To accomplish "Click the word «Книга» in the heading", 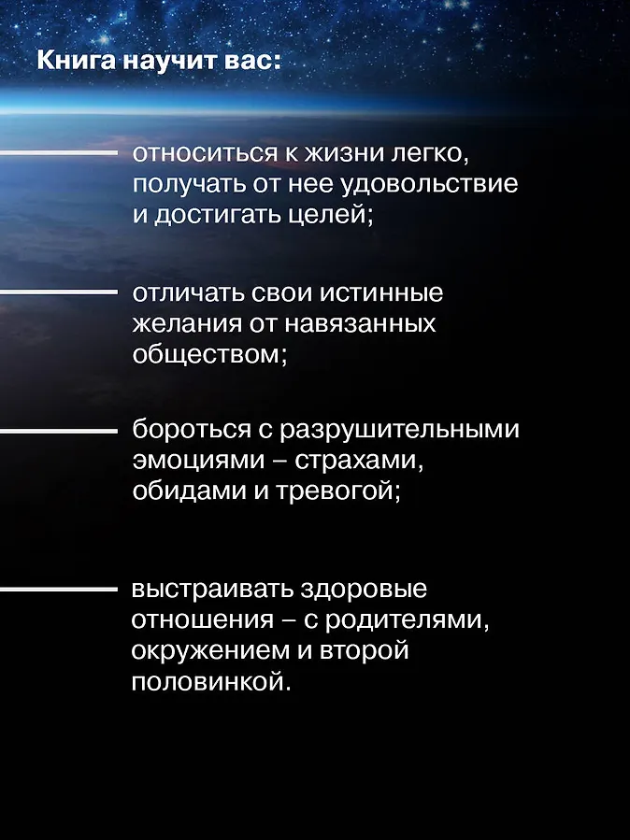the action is click(x=76, y=62).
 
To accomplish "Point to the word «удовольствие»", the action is click(x=429, y=184).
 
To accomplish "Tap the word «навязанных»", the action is click(x=360, y=324).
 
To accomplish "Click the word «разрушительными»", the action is click(x=400, y=430).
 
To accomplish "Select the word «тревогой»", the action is click(x=335, y=491).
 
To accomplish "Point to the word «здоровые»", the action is click(x=364, y=589).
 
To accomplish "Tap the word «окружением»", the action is click(x=211, y=651).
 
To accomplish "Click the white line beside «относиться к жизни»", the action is click(x=58, y=153).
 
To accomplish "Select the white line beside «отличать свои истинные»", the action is click(x=58, y=292).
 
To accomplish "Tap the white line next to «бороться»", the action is click(x=58, y=431).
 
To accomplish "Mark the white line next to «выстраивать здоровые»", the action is click(x=58, y=590).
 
